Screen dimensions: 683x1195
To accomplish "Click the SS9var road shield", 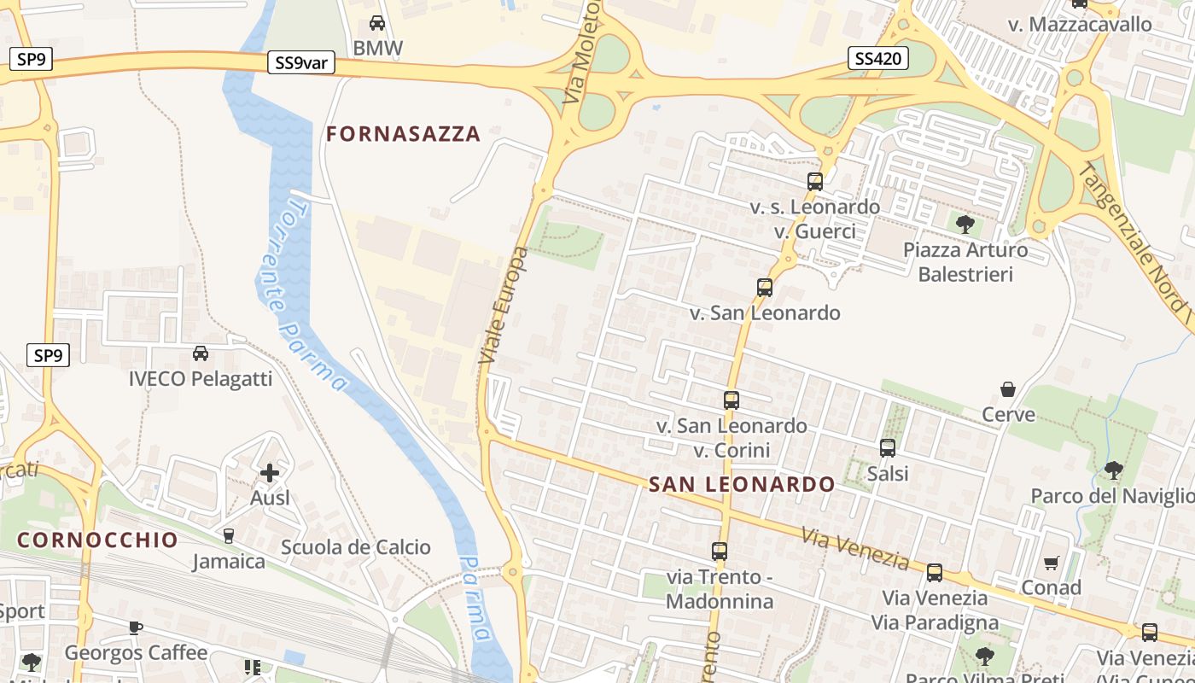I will [300, 63].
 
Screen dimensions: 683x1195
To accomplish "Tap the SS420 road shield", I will [878, 58].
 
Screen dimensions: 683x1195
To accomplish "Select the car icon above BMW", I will [376, 23].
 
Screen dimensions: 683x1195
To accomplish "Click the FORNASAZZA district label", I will [404, 134].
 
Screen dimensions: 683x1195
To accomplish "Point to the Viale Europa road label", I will [504, 306].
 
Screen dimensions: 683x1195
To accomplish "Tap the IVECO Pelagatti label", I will [201, 378].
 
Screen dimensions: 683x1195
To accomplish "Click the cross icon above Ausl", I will [270, 472].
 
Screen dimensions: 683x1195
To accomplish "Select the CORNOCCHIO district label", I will [97, 540].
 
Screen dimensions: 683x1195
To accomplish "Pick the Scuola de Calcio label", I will [356, 547].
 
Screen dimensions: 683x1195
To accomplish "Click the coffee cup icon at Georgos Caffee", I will [135, 628].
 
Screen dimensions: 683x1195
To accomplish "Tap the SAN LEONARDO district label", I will [742, 485].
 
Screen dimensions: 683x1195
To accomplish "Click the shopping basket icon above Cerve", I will [1008, 389].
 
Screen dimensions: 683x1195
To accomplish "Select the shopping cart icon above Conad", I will [1051, 563].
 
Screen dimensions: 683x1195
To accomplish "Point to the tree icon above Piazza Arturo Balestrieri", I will [965, 225].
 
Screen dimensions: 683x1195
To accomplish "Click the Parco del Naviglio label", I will [1112, 496].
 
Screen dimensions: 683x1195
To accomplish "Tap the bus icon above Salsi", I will [888, 447].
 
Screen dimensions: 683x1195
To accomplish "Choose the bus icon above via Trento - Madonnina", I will [720, 552].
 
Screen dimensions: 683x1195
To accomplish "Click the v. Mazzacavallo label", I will [1080, 24].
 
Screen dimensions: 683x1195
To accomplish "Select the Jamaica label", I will [229, 562].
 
